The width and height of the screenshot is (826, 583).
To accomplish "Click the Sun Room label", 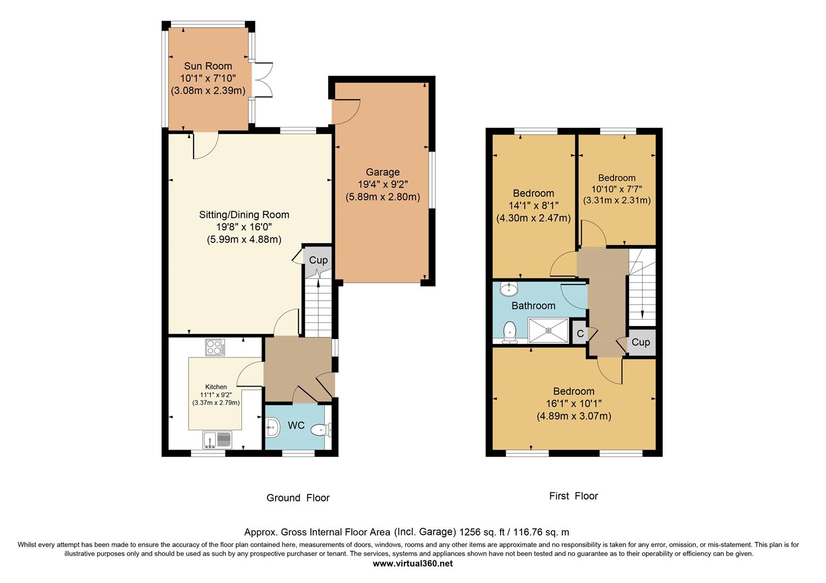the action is pyautogui.click(x=208, y=66).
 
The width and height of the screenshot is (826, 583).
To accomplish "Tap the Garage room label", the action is pyautogui.click(x=383, y=172).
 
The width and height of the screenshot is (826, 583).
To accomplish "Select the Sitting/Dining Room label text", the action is pyautogui.click(x=244, y=215).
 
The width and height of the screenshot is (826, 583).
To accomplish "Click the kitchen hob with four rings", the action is pyautogui.click(x=215, y=347).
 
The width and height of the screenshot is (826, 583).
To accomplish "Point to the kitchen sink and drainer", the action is pyautogui.click(x=217, y=440).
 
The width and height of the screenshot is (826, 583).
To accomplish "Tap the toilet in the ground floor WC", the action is pyautogui.click(x=321, y=430).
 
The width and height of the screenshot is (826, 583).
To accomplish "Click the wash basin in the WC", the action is pyautogui.click(x=272, y=428).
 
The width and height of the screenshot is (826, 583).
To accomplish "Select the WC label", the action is pyautogui.click(x=296, y=425).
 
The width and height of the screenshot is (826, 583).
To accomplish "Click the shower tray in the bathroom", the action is pyautogui.click(x=549, y=330).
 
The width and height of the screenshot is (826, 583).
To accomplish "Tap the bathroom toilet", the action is pyautogui.click(x=510, y=332).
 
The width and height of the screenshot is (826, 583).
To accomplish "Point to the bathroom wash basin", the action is pyautogui.click(x=509, y=289).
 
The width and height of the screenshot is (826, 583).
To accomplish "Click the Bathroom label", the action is pyautogui.click(x=533, y=306).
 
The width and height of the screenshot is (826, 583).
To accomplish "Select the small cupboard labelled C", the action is pyautogui.click(x=580, y=334).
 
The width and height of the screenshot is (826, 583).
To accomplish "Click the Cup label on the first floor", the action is pyautogui.click(x=641, y=342).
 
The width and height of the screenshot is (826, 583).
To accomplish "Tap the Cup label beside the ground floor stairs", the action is pyautogui.click(x=318, y=260).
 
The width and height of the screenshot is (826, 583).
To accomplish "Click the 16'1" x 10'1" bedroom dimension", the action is pyautogui.click(x=574, y=404).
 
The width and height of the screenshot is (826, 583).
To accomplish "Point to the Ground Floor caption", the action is pyautogui.click(x=298, y=498).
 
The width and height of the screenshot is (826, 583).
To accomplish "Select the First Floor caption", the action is pyautogui.click(x=574, y=496).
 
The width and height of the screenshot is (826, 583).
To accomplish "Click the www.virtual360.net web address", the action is pyautogui.click(x=412, y=563).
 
